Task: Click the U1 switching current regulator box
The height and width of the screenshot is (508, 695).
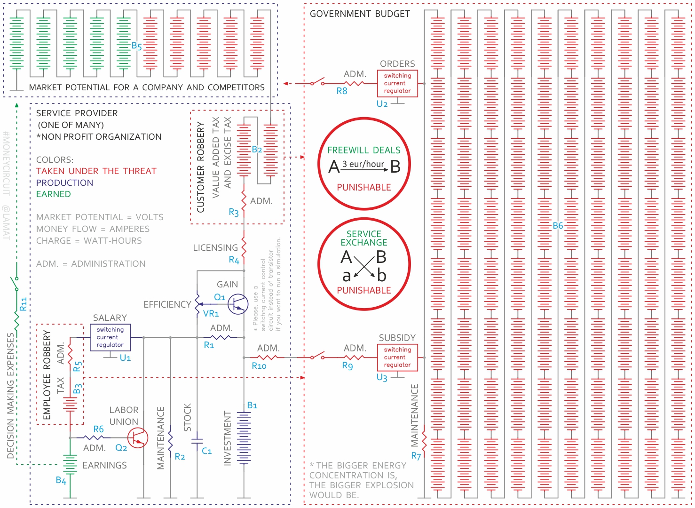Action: [110, 337]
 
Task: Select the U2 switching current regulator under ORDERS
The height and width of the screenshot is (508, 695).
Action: [397, 83]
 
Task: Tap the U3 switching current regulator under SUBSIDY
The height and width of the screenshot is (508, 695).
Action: [397, 357]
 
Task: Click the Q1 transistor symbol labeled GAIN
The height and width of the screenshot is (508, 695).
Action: [237, 304]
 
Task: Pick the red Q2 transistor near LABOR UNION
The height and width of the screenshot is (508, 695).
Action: [138, 438]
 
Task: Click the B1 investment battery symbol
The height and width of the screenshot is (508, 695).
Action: [244, 437]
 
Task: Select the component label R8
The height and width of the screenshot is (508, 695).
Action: [342, 91]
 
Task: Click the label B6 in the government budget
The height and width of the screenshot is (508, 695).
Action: [558, 226]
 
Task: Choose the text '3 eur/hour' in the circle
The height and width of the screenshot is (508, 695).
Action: [363, 164]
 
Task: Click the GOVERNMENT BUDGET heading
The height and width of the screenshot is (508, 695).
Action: [360, 14]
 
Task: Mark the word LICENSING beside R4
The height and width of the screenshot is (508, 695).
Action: [215, 247]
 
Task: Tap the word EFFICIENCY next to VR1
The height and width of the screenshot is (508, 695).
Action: [167, 305]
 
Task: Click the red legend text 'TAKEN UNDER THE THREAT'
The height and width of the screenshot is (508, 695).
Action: [96, 171]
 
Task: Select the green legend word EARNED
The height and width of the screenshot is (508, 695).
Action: [54, 194]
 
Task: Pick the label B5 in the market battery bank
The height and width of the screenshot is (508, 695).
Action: [136, 46]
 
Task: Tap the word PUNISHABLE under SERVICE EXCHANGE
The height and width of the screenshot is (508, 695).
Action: [364, 290]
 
